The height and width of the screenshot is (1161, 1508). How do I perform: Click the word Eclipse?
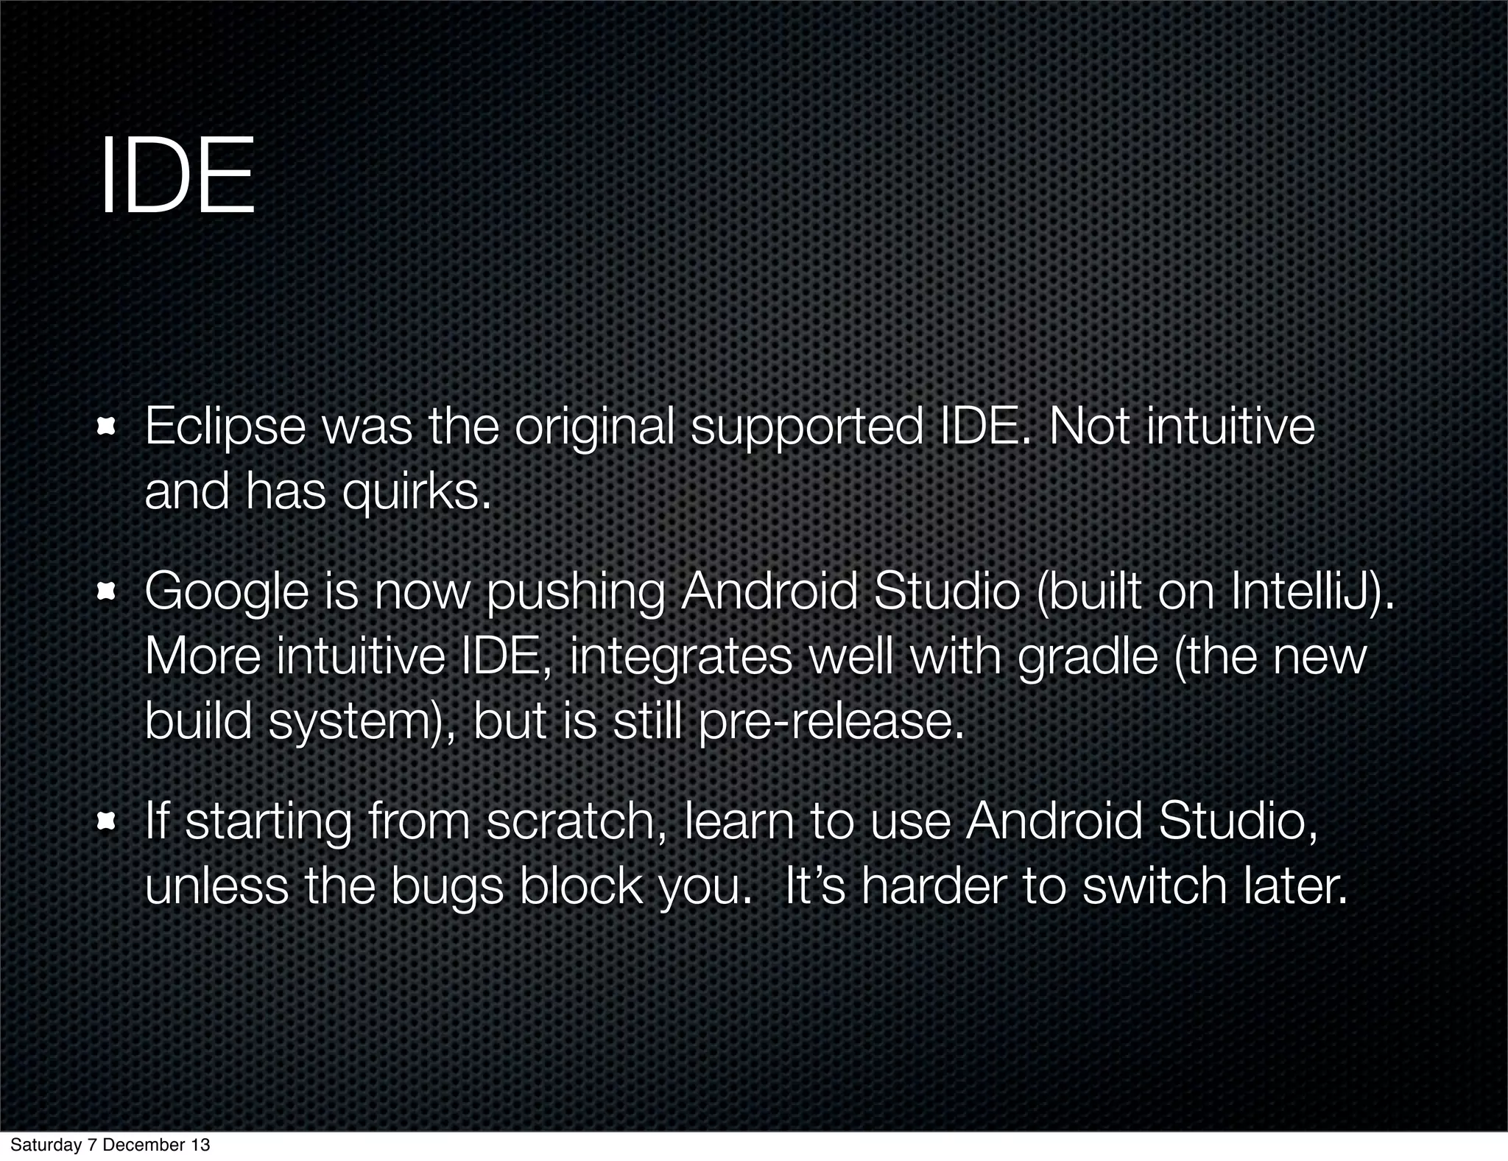click(225, 428)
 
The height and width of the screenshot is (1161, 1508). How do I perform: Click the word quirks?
click(415, 492)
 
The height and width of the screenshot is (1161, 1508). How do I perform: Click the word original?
click(594, 428)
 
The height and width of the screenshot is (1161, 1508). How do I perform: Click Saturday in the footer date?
click(40, 1146)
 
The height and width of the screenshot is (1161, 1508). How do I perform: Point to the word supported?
click(806, 428)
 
